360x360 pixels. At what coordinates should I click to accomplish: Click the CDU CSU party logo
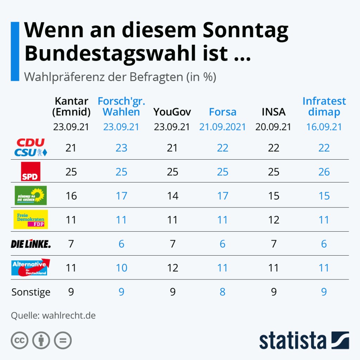click(31, 148)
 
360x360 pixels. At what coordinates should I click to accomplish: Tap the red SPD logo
click(31, 172)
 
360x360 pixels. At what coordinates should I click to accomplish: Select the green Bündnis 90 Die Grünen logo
click(31, 195)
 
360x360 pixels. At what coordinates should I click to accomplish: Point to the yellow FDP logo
click(31, 219)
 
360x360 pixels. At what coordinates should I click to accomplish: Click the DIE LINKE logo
click(31, 244)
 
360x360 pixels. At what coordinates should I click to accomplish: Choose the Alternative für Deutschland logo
click(31, 268)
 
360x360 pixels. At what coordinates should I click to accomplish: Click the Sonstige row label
click(31, 292)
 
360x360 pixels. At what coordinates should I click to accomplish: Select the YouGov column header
click(172, 112)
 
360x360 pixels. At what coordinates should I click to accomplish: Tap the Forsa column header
click(223, 112)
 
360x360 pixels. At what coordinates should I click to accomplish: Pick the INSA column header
click(273, 112)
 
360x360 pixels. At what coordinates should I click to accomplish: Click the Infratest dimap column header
click(324, 107)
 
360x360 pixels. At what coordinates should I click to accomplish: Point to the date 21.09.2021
click(223, 127)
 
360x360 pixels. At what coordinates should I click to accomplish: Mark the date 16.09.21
click(324, 127)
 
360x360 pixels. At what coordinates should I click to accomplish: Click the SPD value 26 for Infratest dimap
click(324, 172)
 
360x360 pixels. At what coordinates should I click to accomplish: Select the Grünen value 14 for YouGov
click(172, 195)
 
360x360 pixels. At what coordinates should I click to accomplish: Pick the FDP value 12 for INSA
click(273, 220)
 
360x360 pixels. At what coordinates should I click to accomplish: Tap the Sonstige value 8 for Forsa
click(223, 292)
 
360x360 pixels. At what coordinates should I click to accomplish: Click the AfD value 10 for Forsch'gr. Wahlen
click(122, 268)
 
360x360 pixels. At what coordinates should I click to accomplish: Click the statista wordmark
click(293, 341)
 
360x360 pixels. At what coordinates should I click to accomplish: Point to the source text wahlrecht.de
click(69, 315)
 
